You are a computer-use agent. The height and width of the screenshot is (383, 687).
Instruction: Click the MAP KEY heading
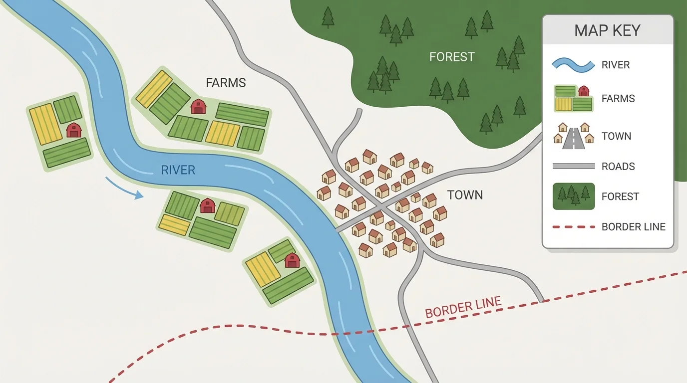pos(607,30)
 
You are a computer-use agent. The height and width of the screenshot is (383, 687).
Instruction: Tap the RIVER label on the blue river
pos(178,170)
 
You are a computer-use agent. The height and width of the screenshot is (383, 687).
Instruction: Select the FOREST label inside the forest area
pos(451,57)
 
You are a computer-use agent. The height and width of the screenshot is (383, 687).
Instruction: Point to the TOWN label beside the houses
pos(465,195)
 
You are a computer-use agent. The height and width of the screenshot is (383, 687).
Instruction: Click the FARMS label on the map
pos(226,83)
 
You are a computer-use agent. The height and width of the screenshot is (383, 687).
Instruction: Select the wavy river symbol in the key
pos(573,65)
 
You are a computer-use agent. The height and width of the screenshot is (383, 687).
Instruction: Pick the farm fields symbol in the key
pos(573,98)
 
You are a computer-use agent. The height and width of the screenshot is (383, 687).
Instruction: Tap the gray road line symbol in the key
pos(573,166)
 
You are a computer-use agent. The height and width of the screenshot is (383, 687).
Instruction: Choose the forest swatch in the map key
pos(573,196)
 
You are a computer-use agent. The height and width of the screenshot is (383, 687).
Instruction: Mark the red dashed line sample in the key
pos(573,227)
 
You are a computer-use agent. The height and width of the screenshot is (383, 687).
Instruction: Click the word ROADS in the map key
pos(618,167)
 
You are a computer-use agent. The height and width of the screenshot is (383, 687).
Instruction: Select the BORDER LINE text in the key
pos(633,227)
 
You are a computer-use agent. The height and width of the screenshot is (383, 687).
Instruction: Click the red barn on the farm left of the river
pos(74,130)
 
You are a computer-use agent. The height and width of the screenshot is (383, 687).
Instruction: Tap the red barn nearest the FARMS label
pos(198,106)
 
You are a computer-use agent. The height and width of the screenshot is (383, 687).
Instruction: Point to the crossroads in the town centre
pos(380,206)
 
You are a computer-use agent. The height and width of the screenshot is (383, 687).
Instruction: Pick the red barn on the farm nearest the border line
pos(292,260)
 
